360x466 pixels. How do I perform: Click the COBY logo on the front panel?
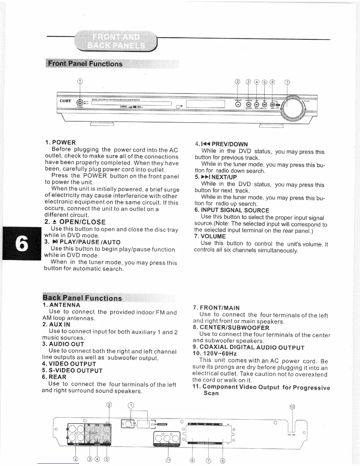tap(65, 101)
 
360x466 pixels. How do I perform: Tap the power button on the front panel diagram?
tap(80, 103)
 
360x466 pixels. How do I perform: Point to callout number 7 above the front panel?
tap(287, 82)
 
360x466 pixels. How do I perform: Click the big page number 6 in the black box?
tap(21, 243)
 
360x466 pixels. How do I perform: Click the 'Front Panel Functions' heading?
tap(85, 64)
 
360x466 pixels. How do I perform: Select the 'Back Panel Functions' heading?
tap(82, 298)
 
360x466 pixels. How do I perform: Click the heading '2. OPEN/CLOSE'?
tap(75, 222)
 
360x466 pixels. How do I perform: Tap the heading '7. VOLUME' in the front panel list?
tap(210, 236)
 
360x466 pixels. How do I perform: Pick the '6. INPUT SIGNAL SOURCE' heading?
tap(232, 210)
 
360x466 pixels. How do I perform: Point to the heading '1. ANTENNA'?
tap(61, 305)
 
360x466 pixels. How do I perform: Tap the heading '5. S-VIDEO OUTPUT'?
tap(72, 370)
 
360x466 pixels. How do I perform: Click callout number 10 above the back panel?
tap(292, 407)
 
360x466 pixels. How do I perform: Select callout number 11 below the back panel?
tap(168, 460)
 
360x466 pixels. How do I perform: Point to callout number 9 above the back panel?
tap(109, 405)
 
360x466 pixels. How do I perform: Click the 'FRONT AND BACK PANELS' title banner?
tap(116, 41)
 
